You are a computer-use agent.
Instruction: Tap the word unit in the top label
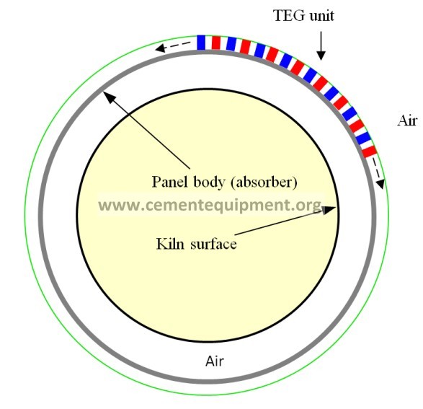(x=322, y=16)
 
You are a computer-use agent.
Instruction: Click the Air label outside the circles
(x=407, y=120)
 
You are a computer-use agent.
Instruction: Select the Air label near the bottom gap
(x=215, y=361)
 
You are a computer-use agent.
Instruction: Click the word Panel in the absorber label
(x=169, y=182)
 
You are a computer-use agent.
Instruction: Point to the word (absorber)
(x=264, y=182)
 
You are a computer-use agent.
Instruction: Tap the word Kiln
(x=171, y=244)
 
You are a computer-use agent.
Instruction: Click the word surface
(x=213, y=244)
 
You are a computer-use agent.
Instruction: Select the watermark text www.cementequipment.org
(x=210, y=205)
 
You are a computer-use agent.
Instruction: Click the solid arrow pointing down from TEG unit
(x=321, y=45)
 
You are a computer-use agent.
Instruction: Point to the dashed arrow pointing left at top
(x=173, y=46)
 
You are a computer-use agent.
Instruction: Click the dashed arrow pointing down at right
(x=378, y=173)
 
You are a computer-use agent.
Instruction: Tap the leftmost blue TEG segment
(x=201, y=43)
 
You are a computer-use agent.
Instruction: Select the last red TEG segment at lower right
(x=370, y=151)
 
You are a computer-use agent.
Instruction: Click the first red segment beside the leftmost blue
(x=216, y=43)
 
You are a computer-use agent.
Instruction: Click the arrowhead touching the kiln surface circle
(x=329, y=209)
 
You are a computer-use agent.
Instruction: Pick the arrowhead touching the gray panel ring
(x=108, y=96)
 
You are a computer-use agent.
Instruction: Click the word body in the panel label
(x=209, y=182)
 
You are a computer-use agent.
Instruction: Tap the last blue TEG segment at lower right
(x=362, y=138)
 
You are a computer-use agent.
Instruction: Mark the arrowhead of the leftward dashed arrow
(x=160, y=48)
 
